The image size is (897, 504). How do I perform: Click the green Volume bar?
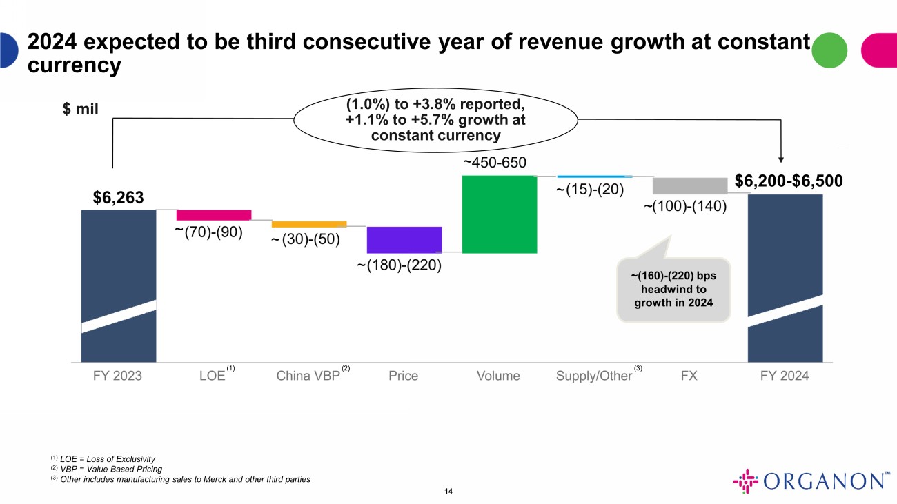pyautogui.click(x=499, y=214)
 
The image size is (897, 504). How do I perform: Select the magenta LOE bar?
pyautogui.click(x=214, y=214)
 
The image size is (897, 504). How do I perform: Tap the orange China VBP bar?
pyautogui.click(x=309, y=224)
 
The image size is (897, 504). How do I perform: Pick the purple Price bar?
pyautogui.click(x=404, y=239)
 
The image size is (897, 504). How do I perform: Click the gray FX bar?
pyautogui.click(x=689, y=185)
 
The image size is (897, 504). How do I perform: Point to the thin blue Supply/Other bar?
pyautogui.click(x=594, y=177)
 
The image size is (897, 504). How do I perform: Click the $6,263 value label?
pyautogui.click(x=119, y=198)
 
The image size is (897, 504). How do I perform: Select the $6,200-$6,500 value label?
pyautogui.click(x=788, y=181)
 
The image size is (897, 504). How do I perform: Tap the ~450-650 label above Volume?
pyautogui.click(x=494, y=163)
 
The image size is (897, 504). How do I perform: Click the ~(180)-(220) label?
pyautogui.click(x=400, y=265)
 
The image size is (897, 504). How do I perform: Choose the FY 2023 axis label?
pyautogui.click(x=118, y=376)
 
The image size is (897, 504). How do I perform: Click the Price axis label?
pyautogui.click(x=404, y=376)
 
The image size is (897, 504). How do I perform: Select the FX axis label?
pyautogui.click(x=689, y=376)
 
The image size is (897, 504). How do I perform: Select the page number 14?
pyautogui.click(x=448, y=491)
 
